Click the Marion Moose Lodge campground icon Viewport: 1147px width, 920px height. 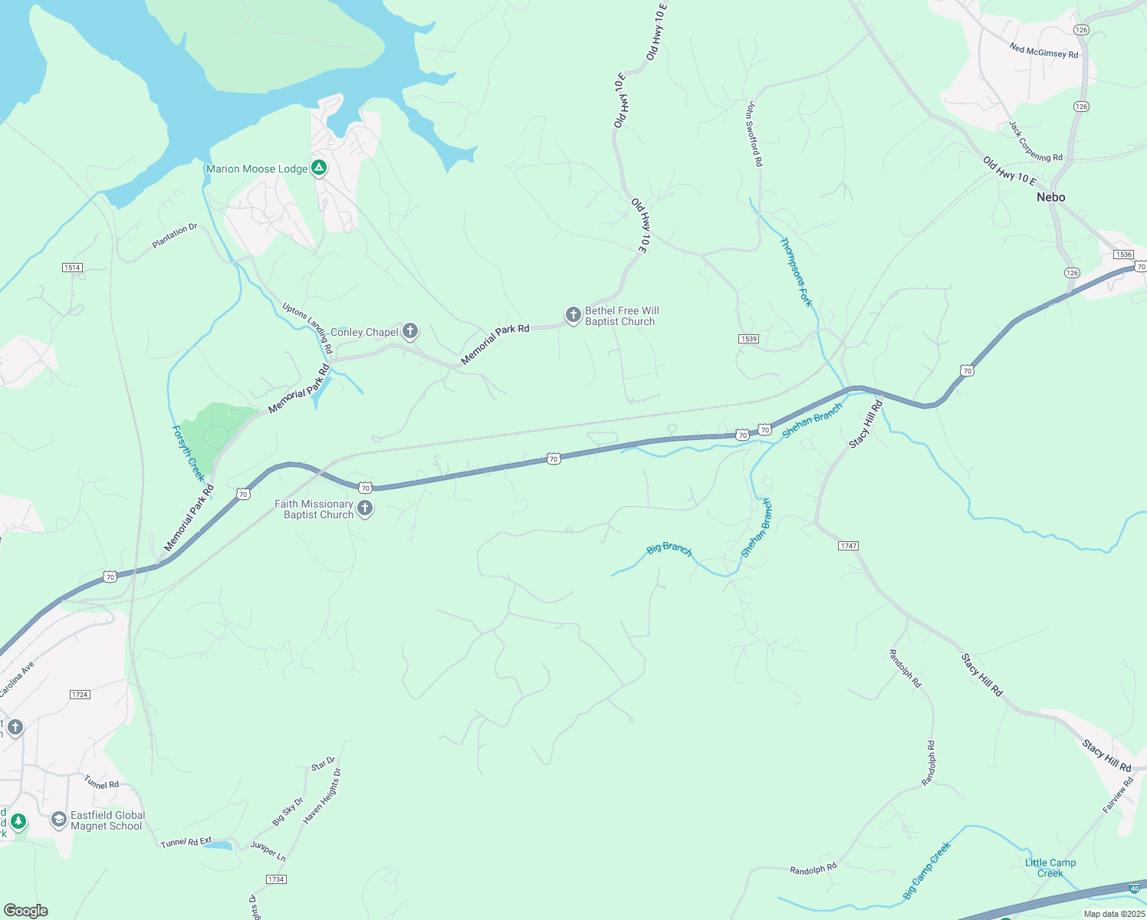point(319,168)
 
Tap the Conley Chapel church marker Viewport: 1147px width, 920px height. point(410,331)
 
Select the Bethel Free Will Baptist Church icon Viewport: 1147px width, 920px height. point(573,315)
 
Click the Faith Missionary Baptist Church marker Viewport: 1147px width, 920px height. point(365,508)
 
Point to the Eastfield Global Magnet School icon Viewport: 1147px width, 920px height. point(58,820)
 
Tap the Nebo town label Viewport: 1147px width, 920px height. point(1050,197)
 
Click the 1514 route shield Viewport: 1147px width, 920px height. point(72,268)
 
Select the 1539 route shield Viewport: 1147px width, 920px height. point(748,339)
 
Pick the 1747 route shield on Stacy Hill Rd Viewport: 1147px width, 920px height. point(848,546)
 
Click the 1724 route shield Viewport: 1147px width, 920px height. point(80,695)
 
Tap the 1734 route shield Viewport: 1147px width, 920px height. point(276,879)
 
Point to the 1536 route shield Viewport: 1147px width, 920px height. point(1123,255)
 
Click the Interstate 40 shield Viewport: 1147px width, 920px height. point(1134,889)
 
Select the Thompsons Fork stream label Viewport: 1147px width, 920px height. point(797,271)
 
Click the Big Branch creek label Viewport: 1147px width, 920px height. point(669,549)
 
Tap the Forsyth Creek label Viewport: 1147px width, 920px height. point(188,452)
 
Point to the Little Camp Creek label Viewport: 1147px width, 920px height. point(1050,868)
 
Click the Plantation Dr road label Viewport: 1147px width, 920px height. point(175,236)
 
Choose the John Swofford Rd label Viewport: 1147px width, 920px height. point(754,134)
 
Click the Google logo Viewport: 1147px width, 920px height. point(26,911)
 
